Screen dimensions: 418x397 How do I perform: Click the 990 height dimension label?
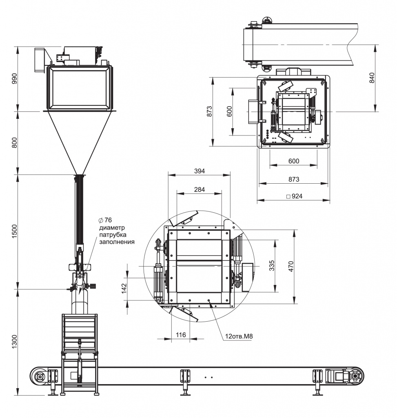point(14,79)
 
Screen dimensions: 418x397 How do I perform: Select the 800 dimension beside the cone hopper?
point(14,142)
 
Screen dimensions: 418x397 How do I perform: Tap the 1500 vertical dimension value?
point(14,231)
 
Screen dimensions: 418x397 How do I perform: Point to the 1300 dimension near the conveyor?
point(14,341)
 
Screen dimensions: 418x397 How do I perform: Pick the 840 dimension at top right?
point(372,78)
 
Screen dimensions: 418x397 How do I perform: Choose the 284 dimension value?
point(199,189)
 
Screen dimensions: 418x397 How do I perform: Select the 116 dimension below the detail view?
point(181,335)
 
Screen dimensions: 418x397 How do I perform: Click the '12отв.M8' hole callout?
point(238,337)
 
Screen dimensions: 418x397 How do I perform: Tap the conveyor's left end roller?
point(40,376)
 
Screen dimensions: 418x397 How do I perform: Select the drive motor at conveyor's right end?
point(345,375)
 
